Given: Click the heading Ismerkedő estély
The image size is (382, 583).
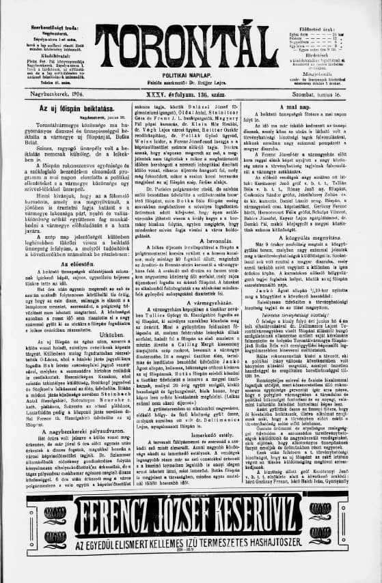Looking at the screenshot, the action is (x=191, y=412).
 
